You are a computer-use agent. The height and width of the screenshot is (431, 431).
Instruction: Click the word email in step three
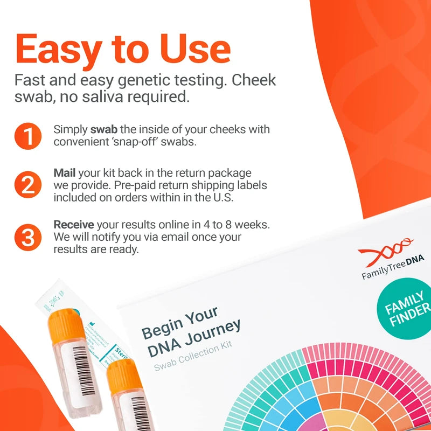pyautogui.click(x=180, y=237)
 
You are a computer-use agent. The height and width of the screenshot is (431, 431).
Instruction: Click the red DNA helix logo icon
pyautogui.click(x=386, y=251)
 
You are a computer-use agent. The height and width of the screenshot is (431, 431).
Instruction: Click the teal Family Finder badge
pyautogui.click(x=407, y=311)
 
